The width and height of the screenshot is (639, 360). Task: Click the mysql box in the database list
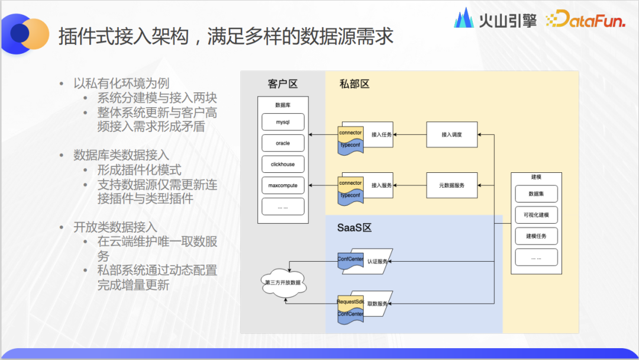283,123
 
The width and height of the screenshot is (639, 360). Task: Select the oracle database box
283,143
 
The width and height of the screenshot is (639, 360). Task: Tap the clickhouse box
283,165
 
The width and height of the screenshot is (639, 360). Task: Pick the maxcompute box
283,185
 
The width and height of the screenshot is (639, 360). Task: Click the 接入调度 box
451,135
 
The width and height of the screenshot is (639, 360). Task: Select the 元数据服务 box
451,185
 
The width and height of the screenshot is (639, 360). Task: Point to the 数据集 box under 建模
536,194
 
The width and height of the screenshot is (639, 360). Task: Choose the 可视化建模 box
536,215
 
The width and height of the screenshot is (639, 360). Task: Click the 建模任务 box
536,236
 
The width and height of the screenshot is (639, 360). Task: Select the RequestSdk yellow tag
350,302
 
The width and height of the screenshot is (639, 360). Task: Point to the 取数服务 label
377,304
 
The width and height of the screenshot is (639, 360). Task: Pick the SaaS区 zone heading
354,228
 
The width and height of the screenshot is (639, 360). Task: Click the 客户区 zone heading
282,83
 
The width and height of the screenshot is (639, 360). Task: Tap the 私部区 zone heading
354,83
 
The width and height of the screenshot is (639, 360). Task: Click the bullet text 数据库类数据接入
121,155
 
